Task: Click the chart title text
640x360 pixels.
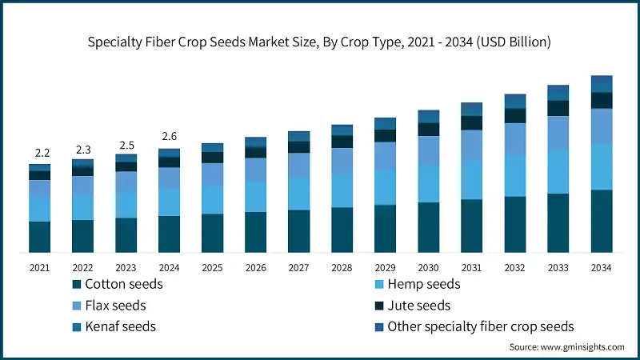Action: (x=320, y=41)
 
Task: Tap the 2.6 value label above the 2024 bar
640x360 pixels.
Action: (x=169, y=137)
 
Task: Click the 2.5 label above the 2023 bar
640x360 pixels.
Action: (x=126, y=144)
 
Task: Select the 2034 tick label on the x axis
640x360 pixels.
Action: (x=601, y=268)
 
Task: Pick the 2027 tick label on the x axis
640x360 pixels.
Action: (x=298, y=268)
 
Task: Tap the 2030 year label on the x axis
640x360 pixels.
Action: (x=428, y=268)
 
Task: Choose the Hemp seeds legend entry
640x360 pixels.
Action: (x=423, y=284)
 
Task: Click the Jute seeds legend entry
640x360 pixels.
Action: (x=418, y=306)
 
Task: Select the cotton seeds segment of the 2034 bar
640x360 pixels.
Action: (x=601, y=222)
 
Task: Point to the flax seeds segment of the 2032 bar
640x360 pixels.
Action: (x=514, y=139)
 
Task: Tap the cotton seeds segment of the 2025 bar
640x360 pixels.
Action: (x=212, y=234)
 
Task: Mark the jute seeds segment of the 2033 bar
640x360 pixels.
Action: (x=558, y=108)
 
